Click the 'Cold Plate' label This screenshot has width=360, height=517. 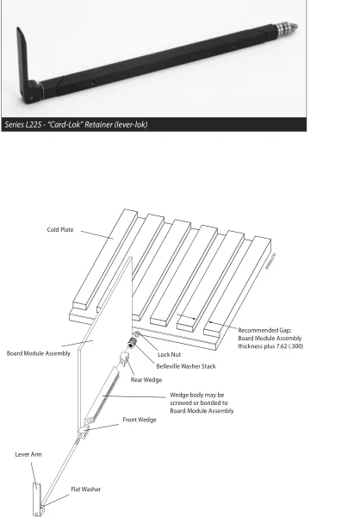click(x=60, y=229)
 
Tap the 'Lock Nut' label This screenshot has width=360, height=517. click(x=169, y=354)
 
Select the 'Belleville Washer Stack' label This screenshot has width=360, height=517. click(x=186, y=366)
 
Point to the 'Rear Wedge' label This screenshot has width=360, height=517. click(x=146, y=379)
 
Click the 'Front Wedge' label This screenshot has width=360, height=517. click(x=140, y=420)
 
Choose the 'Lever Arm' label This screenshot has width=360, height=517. click(x=28, y=454)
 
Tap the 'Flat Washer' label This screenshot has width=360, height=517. click(x=86, y=489)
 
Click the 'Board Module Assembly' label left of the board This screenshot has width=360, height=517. click(x=39, y=353)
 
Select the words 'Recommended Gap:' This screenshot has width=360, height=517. click(x=264, y=330)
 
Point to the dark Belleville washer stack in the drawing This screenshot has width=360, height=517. click(x=132, y=343)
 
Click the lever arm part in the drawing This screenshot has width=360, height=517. click(x=37, y=499)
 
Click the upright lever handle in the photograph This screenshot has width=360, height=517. click(x=24, y=63)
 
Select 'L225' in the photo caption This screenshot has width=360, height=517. click(x=34, y=125)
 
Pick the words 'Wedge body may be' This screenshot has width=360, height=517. click(x=197, y=395)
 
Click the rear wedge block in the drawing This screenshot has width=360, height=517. click(x=124, y=358)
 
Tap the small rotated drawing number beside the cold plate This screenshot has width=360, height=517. click(x=271, y=261)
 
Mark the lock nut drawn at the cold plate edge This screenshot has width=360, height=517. click(x=137, y=334)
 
